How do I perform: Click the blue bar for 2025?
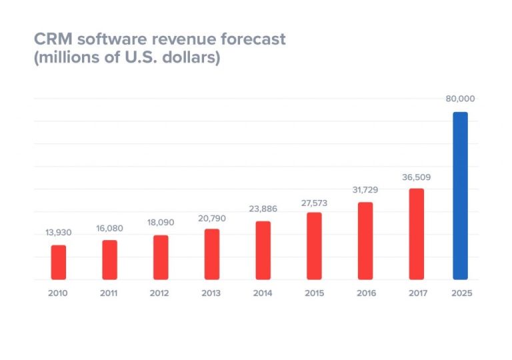tap(460, 196)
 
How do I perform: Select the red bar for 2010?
tap(59, 263)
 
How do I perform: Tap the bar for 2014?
tap(263, 251)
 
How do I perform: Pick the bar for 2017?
tap(417, 234)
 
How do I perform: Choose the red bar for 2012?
tap(161, 257)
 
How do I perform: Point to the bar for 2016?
tap(365, 241)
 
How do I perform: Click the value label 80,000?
tap(460, 99)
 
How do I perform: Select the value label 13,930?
tap(59, 233)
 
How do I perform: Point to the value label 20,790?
tap(212, 217)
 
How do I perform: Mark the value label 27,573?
tap(314, 203)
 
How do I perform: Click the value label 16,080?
tap(109, 228)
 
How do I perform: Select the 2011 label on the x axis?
tap(109, 293)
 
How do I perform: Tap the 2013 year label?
tap(212, 293)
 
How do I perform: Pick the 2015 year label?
tap(314, 293)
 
